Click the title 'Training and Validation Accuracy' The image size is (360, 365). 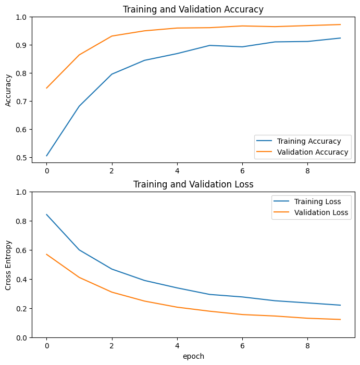193,9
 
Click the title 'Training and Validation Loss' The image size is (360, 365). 193,184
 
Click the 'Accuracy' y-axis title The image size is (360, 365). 8,90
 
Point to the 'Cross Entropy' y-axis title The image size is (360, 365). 8,265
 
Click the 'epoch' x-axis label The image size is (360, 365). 193,357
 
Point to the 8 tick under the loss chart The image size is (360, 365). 307,346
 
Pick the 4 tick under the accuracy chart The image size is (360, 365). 177,170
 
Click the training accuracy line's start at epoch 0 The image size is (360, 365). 46,156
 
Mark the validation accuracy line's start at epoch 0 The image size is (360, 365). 46,88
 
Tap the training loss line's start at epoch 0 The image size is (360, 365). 46,215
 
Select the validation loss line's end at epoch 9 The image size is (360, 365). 340,320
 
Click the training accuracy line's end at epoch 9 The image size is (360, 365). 340,38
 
